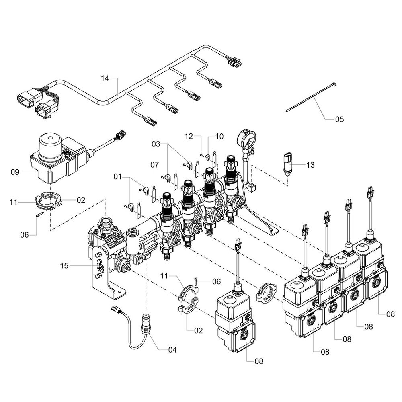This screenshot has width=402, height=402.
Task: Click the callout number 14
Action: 105,78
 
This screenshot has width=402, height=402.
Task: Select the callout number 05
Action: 340,119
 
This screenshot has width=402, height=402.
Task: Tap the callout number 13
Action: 310,165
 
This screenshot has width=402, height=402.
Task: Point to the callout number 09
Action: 15,172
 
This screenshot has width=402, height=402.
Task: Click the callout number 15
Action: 65,265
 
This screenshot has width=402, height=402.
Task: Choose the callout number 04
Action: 172,350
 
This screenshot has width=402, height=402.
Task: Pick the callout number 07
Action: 155,164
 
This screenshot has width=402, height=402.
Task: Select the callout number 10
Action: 219,137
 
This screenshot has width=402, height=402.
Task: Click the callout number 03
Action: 156,144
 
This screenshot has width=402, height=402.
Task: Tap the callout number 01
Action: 117,176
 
